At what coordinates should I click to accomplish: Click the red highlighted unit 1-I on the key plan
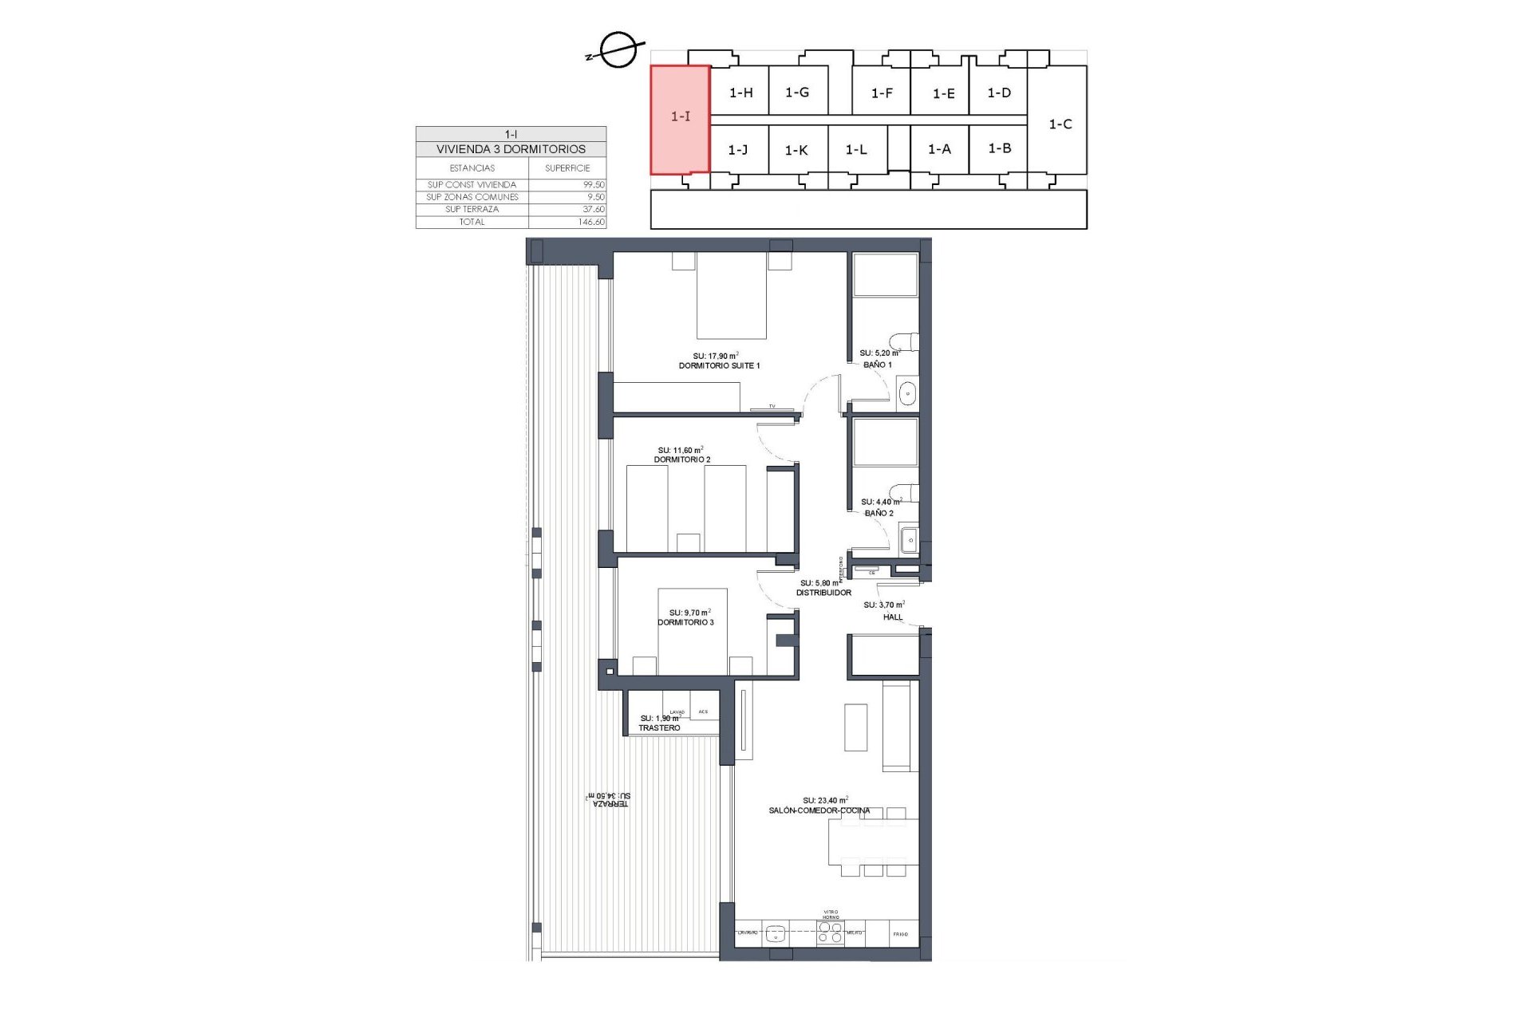pyautogui.click(x=680, y=118)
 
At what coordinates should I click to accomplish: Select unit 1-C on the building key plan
pyautogui.click(x=1060, y=124)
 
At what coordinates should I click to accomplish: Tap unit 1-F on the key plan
pyautogui.click(x=882, y=93)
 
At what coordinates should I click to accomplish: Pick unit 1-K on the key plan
pyautogui.click(x=796, y=150)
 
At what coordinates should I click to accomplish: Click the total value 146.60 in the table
pyautogui.click(x=591, y=222)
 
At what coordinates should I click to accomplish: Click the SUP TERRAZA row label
pyautogui.click(x=472, y=209)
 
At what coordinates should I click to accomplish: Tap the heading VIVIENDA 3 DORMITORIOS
pyautogui.click(x=511, y=149)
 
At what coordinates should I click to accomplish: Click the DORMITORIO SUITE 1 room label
pyautogui.click(x=719, y=365)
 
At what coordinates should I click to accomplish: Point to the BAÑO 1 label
pyautogui.click(x=878, y=365)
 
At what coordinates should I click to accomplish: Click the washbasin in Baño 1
pyautogui.click(x=908, y=392)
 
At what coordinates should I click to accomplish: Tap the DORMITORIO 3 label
pyautogui.click(x=685, y=622)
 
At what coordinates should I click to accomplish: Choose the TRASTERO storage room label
pyautogui.click(x=659, y=728)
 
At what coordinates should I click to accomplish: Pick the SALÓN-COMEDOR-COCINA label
pyautogui.click(x=819, y=810)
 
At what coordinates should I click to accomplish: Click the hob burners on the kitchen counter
pyautogui.click(x=831, y=933)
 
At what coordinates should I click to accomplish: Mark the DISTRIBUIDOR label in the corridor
pyautogui.click(x=824, y=593)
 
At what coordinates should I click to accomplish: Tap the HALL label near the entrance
pyautogui.click(x=893, y=617)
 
